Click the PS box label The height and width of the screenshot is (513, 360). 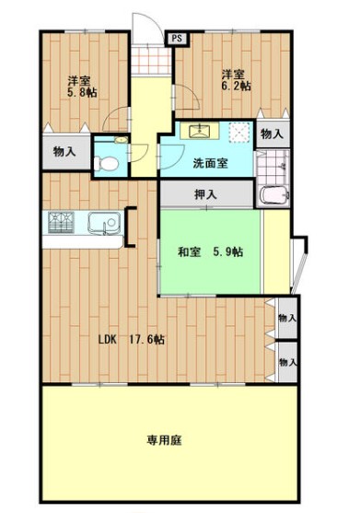click(x=177, y=39)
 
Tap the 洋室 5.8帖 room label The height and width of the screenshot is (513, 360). click(x=82, y=87)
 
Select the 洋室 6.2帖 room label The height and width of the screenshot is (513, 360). click(x=236, y=80)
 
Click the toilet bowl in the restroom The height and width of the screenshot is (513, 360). click(x=106, y=163)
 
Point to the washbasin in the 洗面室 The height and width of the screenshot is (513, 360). click(x=200, y=131)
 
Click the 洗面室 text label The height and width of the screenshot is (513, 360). click(x=210, y=163)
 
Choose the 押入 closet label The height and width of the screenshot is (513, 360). click(x=205, y=194)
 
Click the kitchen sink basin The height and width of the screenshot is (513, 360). click(x=104, y=223)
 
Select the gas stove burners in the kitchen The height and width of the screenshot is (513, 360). click(x=61, y=223)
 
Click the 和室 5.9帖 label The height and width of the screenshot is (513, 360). click(x=210, y=252)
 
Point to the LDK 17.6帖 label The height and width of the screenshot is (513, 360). click(x=132, y=340)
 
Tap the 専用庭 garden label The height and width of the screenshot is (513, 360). click(x=164, y=439)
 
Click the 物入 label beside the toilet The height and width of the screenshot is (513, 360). click(x=64, y=151)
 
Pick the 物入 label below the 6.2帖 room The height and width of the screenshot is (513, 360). click(x=272, y=134)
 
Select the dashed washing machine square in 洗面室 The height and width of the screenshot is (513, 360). click(x=241, y=133)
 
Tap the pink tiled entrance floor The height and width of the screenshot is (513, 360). click(x=151, y=60)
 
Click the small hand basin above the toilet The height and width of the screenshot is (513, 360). click(x=121, y=140)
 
